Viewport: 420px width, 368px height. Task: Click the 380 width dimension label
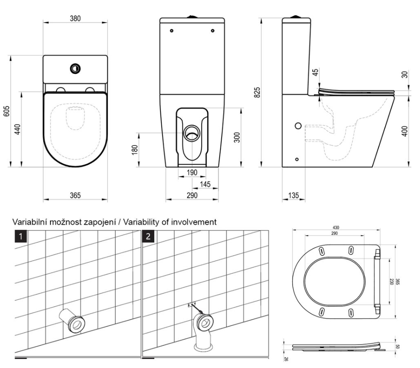(x=75, y=19)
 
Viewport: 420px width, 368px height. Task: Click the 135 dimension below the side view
(x=293, y=196)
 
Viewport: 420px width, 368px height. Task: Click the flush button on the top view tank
(x=75, y=68)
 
